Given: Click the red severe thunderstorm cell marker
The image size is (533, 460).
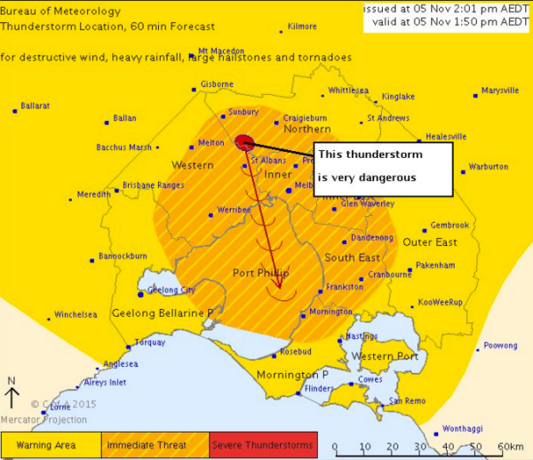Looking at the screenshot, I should pyautogui.click(x=245, y=142).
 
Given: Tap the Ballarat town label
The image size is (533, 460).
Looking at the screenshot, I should pyautogui.click(x=36, y=106).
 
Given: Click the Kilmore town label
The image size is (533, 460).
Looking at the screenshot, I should pyautogui.click(x=302, y=27).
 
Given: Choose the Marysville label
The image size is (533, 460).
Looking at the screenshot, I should pyautogui.click(x=500, y=91).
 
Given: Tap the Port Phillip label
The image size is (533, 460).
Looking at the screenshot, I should pyautogui.click(x=260, y=273).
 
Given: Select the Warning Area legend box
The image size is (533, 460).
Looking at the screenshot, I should pyautogui.click(x=52, y=443).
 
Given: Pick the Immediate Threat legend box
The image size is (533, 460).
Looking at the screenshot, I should pyautogui.click(x=156, y=443).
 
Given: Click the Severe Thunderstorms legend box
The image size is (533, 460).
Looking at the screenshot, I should pyautogui.click(x=262, y=443).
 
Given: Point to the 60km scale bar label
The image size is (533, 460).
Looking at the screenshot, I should pyautogui.click(x=511, y=446).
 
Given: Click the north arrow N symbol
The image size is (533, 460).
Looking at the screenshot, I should pyautogui.click(x=12, y=381).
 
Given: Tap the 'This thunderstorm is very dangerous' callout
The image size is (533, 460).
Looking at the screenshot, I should pyautogui.click(x=383, y=166).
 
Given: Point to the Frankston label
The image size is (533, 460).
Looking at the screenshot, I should pyautogui.click(x=345, y=287).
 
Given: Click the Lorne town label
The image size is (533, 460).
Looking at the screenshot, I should pyautogui.click(x=60, y=407).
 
